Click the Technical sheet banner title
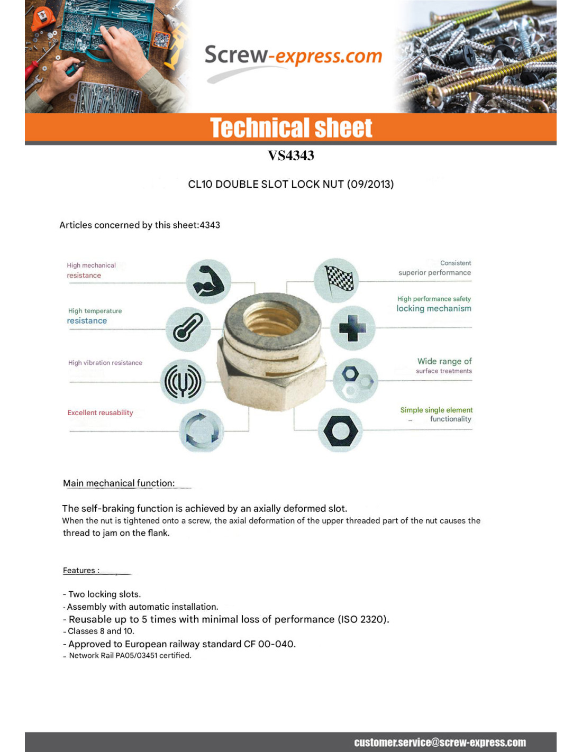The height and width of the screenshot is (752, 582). [291, 128]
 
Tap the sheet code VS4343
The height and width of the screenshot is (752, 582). [291, 155]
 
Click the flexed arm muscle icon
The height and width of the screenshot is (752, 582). [208, 281]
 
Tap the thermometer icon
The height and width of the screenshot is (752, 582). [188, 328]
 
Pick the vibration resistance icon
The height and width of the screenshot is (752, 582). [183, 381]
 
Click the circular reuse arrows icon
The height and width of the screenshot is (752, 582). [202, 430]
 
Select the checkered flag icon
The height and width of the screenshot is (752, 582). [337, 280]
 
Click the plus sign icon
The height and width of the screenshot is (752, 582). [352, 328]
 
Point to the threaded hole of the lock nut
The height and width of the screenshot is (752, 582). [272, 319]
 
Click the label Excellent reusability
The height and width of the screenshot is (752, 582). [100, 413]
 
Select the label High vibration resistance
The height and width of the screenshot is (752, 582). [105, 363]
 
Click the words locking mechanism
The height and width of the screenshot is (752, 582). [434, 309]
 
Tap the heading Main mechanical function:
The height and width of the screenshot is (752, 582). [119, 483]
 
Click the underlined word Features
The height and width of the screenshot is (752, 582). [79, 571]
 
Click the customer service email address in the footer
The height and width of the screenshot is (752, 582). [440, 742]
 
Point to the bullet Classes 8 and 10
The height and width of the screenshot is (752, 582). [101, 631]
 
